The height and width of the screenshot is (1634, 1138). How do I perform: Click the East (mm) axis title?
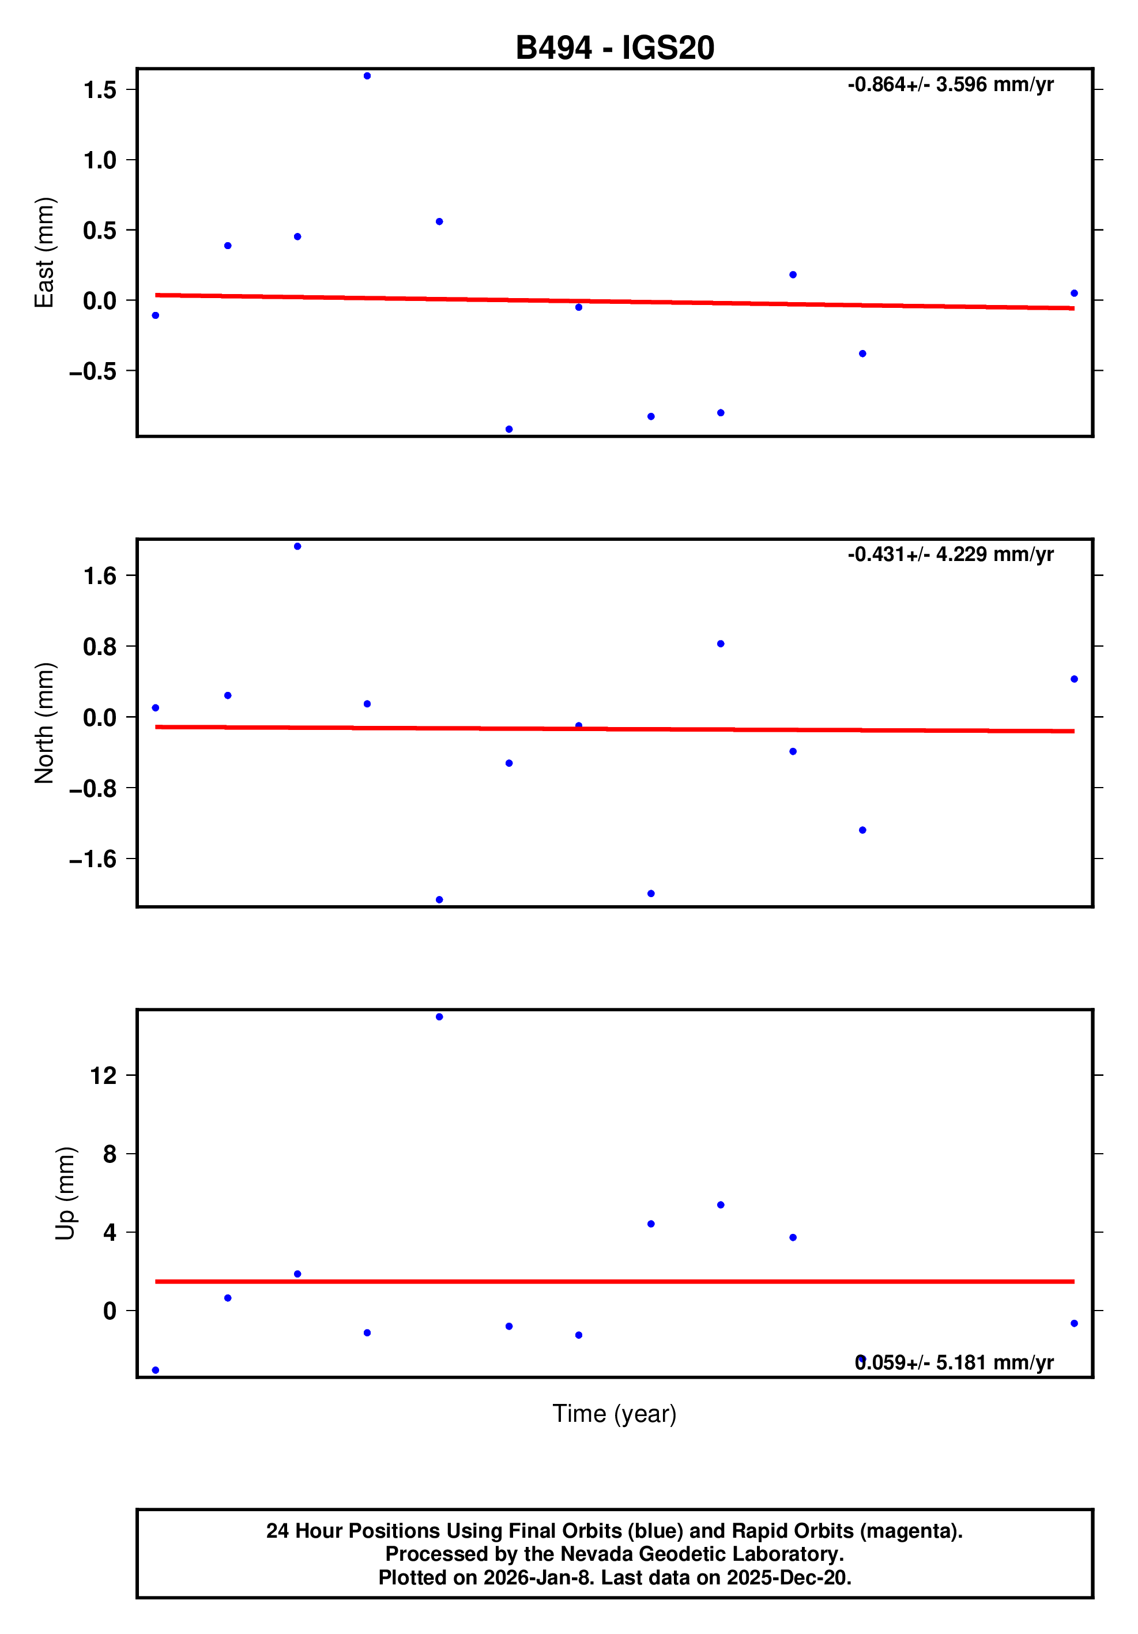[x=44, y=253]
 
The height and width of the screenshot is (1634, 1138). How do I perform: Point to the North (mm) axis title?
[x=44, y=723]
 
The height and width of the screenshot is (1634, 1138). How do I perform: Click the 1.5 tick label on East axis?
[x=100, y=90]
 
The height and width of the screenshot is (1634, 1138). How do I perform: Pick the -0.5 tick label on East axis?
[x=92, y=371]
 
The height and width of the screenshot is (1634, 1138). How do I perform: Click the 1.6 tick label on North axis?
[x=100, y=576]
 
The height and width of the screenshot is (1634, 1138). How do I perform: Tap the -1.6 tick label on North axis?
[x=92, y=859]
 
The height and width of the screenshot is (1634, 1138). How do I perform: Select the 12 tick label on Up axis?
[x=103, y=1075]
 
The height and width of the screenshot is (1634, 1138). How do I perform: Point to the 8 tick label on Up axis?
[x=110, y=1154]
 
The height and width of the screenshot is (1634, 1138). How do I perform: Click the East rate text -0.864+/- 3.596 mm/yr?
[x=950, y=85]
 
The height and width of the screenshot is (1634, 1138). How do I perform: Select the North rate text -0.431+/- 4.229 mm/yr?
[x=950, y=555]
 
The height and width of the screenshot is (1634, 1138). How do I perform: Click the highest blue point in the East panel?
[x=367, y=76]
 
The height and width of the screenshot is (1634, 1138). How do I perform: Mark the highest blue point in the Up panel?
[x=439, y=1017]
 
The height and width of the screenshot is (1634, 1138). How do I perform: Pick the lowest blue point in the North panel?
[x=439, y=899]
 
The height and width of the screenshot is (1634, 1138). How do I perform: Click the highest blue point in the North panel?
[x=297, y=547]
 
